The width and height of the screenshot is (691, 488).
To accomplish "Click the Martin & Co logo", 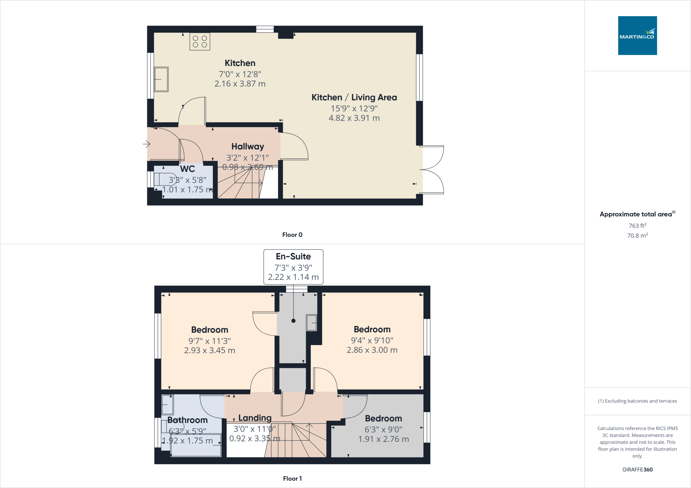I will pos(637,35).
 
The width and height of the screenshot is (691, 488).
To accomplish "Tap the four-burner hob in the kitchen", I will pos(200,41).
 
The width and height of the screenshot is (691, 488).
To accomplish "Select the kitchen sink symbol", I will pos(161,79).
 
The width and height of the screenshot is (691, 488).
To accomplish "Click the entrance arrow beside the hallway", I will pos(146,144).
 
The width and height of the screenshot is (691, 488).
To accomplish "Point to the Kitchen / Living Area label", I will pos(354,97).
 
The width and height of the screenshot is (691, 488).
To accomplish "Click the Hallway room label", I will pos(248,146).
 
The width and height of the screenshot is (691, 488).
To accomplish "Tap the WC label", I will pos(187,169).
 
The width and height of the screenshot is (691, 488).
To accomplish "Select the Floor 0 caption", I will pos(292,235).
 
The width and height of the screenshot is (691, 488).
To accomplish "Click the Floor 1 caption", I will pos(292,479).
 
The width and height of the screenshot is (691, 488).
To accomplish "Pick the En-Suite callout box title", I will pos(293,256).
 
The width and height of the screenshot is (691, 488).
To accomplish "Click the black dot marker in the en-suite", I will pos(294,321).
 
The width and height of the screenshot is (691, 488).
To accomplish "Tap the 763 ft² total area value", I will pos(637,226).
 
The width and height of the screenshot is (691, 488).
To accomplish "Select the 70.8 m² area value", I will pos(637,236).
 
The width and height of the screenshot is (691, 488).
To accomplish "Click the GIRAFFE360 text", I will pos(637,469).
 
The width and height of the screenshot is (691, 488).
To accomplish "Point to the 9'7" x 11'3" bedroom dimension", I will pos(210,341).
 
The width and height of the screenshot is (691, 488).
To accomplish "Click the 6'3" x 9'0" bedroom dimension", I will pos(384,429).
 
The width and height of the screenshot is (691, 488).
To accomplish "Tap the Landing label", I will pos(255,418).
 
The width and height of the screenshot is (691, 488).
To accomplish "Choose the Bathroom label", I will pos(187,420).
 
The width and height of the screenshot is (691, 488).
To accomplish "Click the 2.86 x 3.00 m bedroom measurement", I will pos(372,350).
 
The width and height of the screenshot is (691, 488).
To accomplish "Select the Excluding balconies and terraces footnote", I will pos(637,401).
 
